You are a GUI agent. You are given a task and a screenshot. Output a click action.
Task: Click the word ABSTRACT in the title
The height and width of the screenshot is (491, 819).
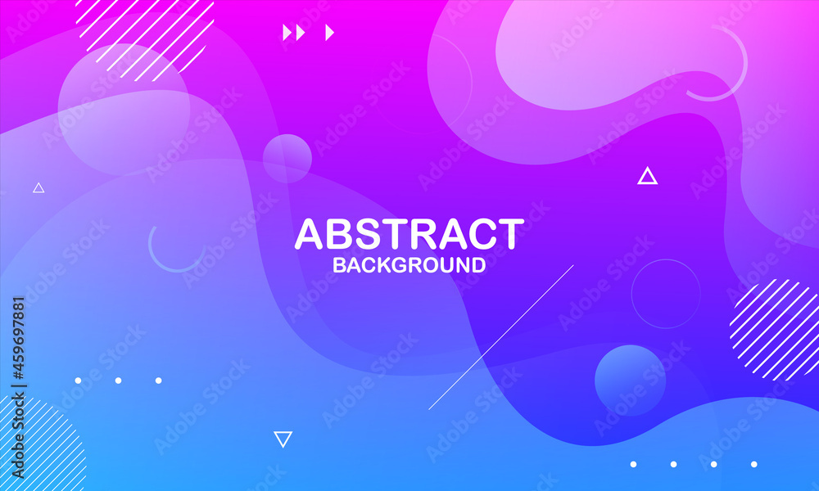tap(409, 234)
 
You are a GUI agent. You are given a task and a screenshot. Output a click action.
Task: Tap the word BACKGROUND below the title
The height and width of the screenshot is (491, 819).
tap(409, 265)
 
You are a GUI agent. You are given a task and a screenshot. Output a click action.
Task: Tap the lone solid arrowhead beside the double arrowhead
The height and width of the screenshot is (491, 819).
tap(329, 33)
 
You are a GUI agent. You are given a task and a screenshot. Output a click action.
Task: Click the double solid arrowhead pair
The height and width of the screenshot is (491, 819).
tap(293, 33)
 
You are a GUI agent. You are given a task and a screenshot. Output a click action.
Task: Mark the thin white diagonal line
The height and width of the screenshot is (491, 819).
tap(501, 337)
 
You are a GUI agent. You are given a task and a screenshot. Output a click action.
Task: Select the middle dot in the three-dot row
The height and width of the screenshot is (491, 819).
tap(118, 381)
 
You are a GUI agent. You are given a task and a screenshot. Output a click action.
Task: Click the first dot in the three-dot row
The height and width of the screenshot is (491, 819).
tap(78, 381)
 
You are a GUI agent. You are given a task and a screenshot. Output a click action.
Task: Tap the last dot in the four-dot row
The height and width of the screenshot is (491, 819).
tap(753, 464)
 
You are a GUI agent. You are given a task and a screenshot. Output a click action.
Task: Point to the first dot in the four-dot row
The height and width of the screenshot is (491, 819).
tap(633, 464)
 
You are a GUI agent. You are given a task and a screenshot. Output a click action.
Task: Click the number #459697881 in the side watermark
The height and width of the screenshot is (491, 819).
tap(18, 338)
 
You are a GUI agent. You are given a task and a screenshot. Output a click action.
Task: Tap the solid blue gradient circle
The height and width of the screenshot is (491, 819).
tap(631, 380)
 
